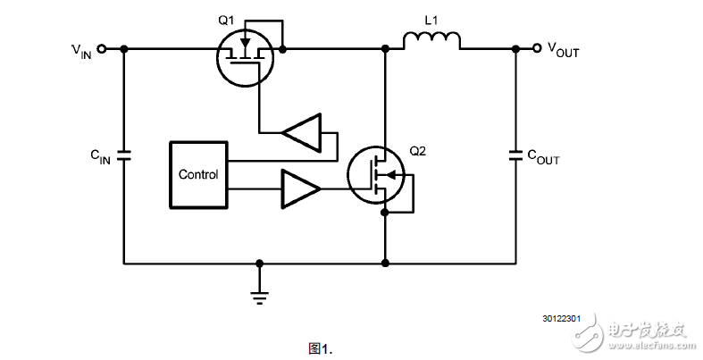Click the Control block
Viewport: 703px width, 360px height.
click(x=197, y=174)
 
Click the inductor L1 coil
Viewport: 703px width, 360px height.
click(x=431, y=41)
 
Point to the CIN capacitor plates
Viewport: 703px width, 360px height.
click(x=123, y=155)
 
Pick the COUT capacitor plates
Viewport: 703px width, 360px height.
click(x=515, y=155)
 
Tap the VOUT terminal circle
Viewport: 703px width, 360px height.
click(x=537, y=49)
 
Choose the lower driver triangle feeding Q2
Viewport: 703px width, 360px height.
click(x=300, y=188)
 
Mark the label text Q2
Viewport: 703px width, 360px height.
click(x=417, y=151)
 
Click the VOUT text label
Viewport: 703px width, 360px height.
click(x=563, y=52)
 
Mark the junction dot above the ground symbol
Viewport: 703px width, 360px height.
click(x=259, y=264)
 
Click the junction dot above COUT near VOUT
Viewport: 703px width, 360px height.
click(x=515, y=49)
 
